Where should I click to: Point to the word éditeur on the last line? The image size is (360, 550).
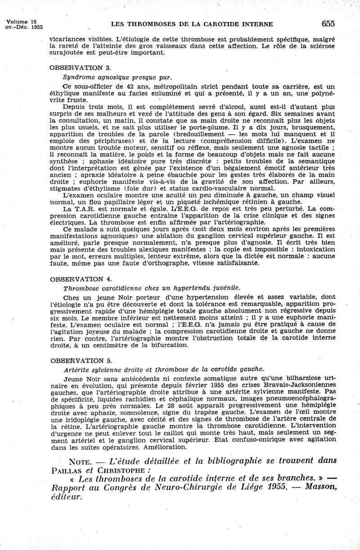[67, 496]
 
